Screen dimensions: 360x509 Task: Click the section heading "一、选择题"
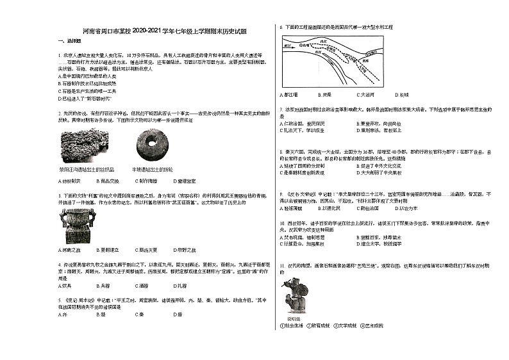tap(69, 40)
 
